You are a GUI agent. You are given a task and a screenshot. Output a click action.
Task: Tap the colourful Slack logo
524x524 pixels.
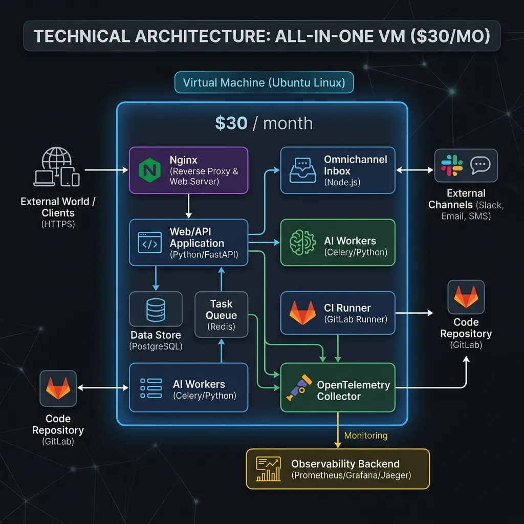[x=452, y=166]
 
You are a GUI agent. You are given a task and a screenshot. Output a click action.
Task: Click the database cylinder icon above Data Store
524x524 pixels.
[x=156, y=308]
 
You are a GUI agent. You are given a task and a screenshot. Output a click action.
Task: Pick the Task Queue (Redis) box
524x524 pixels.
[x=221, y=314]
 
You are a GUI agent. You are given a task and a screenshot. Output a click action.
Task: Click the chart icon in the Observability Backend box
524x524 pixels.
[x=269, y=468]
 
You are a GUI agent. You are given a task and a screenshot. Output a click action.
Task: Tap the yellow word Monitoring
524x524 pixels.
[x=366, y=435]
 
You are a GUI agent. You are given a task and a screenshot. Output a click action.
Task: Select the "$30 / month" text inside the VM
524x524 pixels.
[x=264, y=123]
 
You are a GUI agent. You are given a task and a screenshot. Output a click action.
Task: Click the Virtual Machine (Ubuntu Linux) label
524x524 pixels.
[x=264, y=82]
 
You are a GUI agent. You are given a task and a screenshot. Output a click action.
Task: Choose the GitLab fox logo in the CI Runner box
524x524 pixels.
[x=302, y=313]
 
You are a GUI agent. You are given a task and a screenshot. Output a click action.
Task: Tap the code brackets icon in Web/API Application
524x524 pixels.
[x=150, y=243]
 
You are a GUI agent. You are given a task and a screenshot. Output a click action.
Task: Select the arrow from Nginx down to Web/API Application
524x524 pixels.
[x=188, y=206]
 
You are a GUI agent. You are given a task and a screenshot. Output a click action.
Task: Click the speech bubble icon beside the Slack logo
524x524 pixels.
[x=480, y=165]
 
